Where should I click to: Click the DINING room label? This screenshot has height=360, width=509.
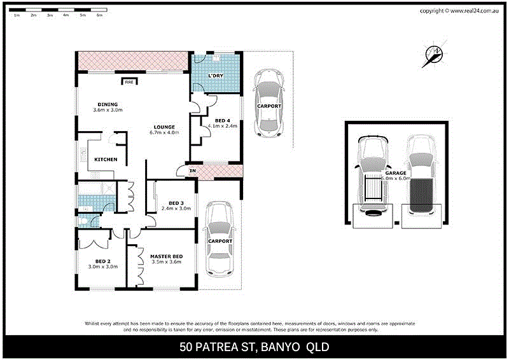(108, 104)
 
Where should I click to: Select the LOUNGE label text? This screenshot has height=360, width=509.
(164, 127)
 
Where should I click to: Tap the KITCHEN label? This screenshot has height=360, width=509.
(106, 159)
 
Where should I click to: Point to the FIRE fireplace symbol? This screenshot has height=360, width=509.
(129, 82)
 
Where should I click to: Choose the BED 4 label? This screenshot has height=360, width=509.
(222, 120)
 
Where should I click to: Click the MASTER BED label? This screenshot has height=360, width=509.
(166, 256)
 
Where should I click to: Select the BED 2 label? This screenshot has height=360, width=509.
(103, 261)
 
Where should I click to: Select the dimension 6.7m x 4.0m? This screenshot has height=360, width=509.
(164, 133)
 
